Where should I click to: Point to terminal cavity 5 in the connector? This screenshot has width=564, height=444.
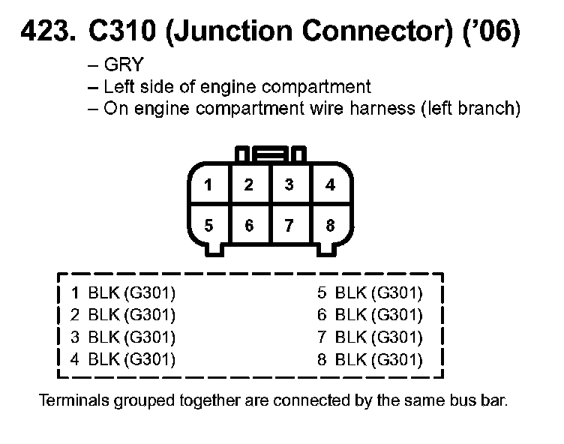(x=209, y=225)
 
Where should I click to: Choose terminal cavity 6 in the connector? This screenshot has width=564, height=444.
(x=250, y=225)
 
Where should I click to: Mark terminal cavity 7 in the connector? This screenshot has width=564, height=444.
(x=289, y=225)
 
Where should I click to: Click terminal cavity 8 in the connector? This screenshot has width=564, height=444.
(x=330, y=225)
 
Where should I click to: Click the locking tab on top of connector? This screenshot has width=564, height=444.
(x=270, y=156)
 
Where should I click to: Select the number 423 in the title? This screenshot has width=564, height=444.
(x=46, y=34)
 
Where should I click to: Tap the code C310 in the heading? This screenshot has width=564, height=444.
(x=119, y=34)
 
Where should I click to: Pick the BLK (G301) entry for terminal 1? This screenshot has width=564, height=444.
(x=131, y=292)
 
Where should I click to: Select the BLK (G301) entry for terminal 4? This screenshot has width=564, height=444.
(x=131, y=359)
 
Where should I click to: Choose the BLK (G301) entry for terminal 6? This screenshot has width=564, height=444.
(x=379, y=314)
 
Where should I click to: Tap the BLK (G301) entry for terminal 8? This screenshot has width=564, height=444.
(x=379, y=359)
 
